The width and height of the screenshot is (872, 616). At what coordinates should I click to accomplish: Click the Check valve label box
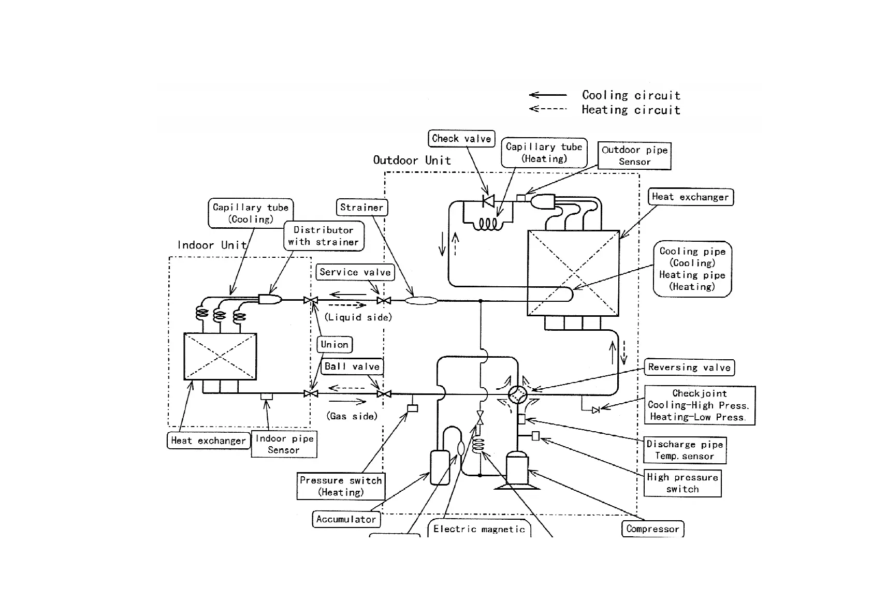pos(461,139)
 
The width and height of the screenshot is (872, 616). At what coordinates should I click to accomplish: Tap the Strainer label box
pos(361,208)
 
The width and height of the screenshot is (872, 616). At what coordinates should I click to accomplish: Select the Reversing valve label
pos(689,368)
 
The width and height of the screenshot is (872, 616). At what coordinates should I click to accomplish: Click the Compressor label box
pos(652,529)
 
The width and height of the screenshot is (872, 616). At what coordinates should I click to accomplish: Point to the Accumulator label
pos(346,519)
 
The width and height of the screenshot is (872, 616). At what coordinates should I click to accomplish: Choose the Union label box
pos(335,345)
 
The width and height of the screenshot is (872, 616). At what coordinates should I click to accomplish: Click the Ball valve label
pos(352,366)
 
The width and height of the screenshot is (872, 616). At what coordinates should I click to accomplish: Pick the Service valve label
pos(355,272)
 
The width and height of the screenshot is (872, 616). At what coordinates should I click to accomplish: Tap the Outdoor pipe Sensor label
pos(634,156)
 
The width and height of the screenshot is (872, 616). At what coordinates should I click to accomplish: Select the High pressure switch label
pos(682,483)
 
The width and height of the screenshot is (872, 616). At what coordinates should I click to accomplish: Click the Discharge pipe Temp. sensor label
pos(685,450)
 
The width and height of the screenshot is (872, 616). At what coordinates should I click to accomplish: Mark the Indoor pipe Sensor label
pos(284,445)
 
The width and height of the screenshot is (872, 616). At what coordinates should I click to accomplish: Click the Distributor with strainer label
pos(324,236)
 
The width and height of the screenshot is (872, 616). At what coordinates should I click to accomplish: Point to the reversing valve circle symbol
pos(517,395)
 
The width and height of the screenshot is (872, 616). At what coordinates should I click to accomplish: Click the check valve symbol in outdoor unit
pos(488,200)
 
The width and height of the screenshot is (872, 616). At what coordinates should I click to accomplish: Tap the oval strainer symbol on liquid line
pos(421,300)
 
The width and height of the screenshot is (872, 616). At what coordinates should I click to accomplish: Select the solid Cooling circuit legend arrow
pos(548,95)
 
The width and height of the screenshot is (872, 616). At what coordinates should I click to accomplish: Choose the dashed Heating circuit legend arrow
pos(548,109)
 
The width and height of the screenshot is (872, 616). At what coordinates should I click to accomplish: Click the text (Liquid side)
pos(358,317)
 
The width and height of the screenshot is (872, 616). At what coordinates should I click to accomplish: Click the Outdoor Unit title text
pos(412,160)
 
